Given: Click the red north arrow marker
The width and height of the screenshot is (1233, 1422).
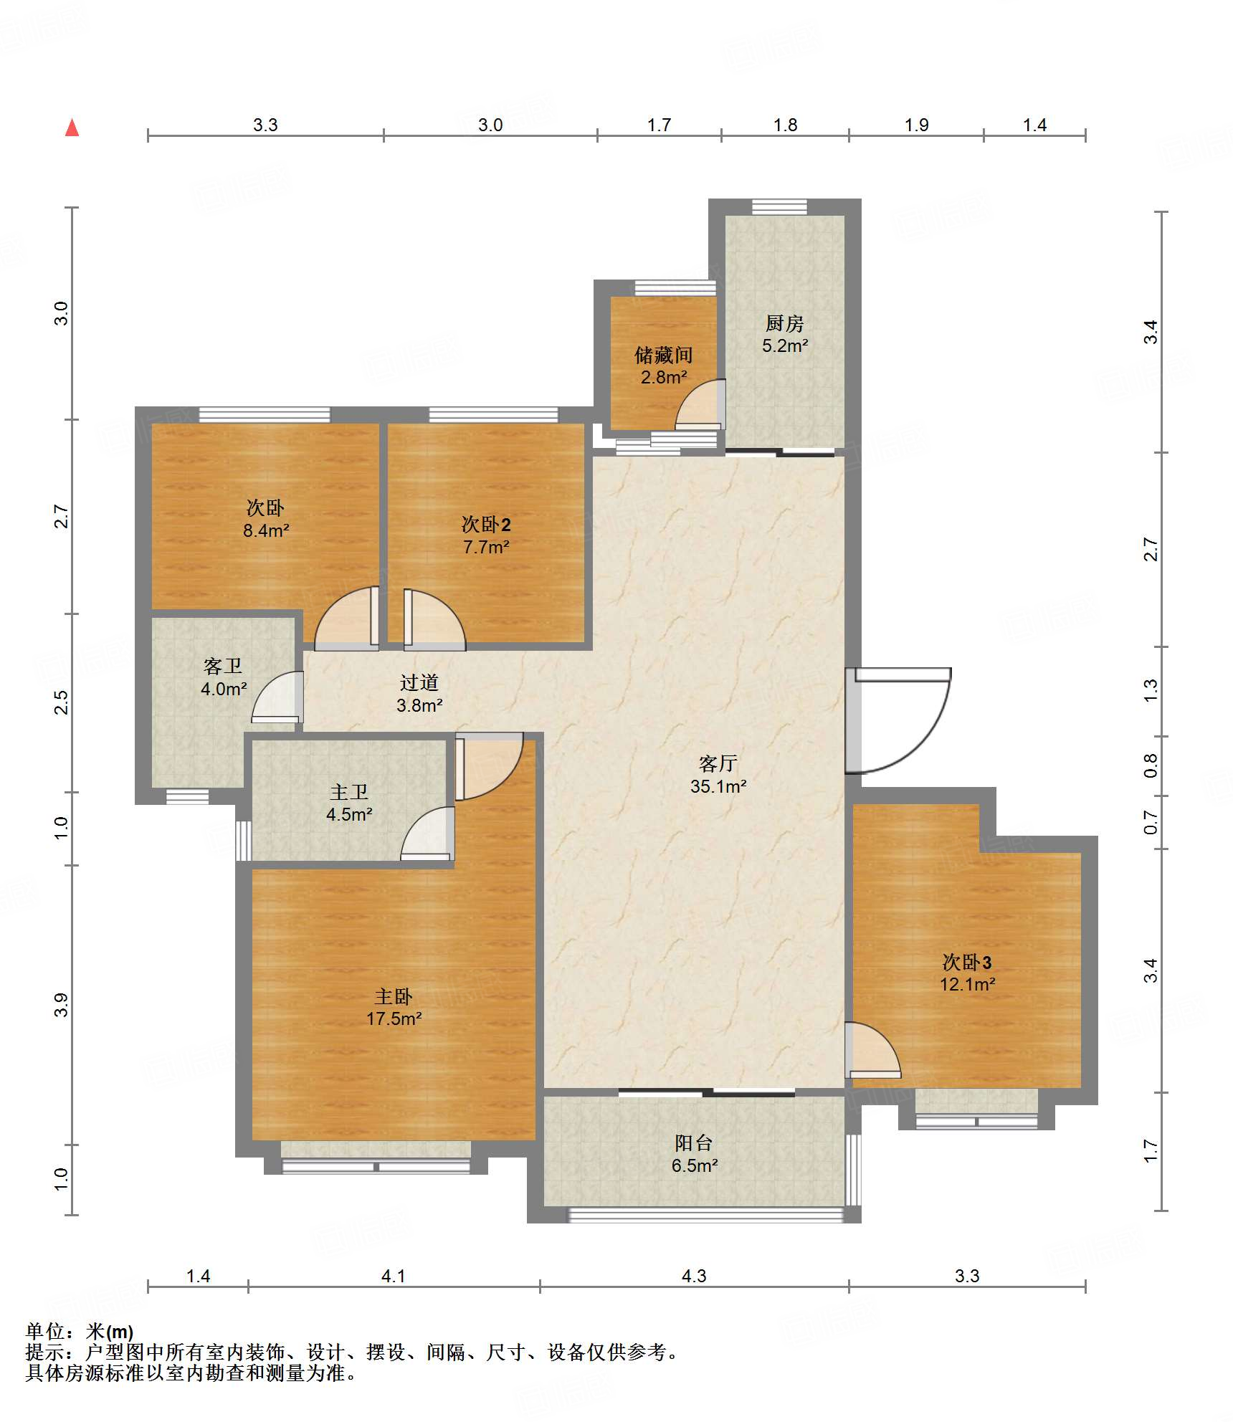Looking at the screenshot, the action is [72, 128].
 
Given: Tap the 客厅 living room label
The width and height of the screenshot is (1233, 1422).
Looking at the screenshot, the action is [718, 763].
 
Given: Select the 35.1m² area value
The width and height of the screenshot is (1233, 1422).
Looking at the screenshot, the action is [718, 786].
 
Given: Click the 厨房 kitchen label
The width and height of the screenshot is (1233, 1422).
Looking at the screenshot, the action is [784, 323].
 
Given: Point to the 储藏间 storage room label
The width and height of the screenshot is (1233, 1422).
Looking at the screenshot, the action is [663, 355].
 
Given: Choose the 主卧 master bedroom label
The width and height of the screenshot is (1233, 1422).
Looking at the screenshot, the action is [394, 996].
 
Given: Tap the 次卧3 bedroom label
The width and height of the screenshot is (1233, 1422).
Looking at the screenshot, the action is [967, 962].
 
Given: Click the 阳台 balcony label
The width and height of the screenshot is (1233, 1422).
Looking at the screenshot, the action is [694, 1142].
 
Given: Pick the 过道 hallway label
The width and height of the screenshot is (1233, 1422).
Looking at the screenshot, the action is [419, 682].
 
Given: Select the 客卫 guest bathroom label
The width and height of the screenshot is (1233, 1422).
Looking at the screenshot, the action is [223, 666].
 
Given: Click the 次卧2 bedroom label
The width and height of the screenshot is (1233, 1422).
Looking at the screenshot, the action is [486, 524].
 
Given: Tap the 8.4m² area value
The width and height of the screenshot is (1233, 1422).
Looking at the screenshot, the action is [266, 530].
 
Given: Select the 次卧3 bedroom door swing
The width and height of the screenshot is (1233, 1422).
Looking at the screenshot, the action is [872, 1049].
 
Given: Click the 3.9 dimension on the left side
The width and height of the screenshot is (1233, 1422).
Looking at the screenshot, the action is [62, 1004].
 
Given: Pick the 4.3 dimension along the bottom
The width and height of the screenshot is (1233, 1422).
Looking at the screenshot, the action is [694, 1276].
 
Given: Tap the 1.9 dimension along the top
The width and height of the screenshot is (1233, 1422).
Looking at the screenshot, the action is [916, 125].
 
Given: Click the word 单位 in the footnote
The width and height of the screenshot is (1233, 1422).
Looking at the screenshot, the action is [45, 1332].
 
